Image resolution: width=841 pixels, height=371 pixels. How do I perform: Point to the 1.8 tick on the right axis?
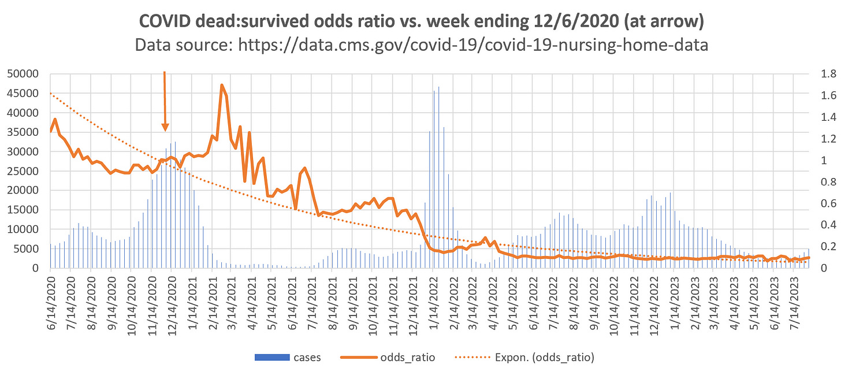(x=820, y=74)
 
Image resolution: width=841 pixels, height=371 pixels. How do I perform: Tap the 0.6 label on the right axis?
(x=820, y=203)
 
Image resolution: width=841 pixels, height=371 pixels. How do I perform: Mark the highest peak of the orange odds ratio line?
(x=222, y=86)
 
